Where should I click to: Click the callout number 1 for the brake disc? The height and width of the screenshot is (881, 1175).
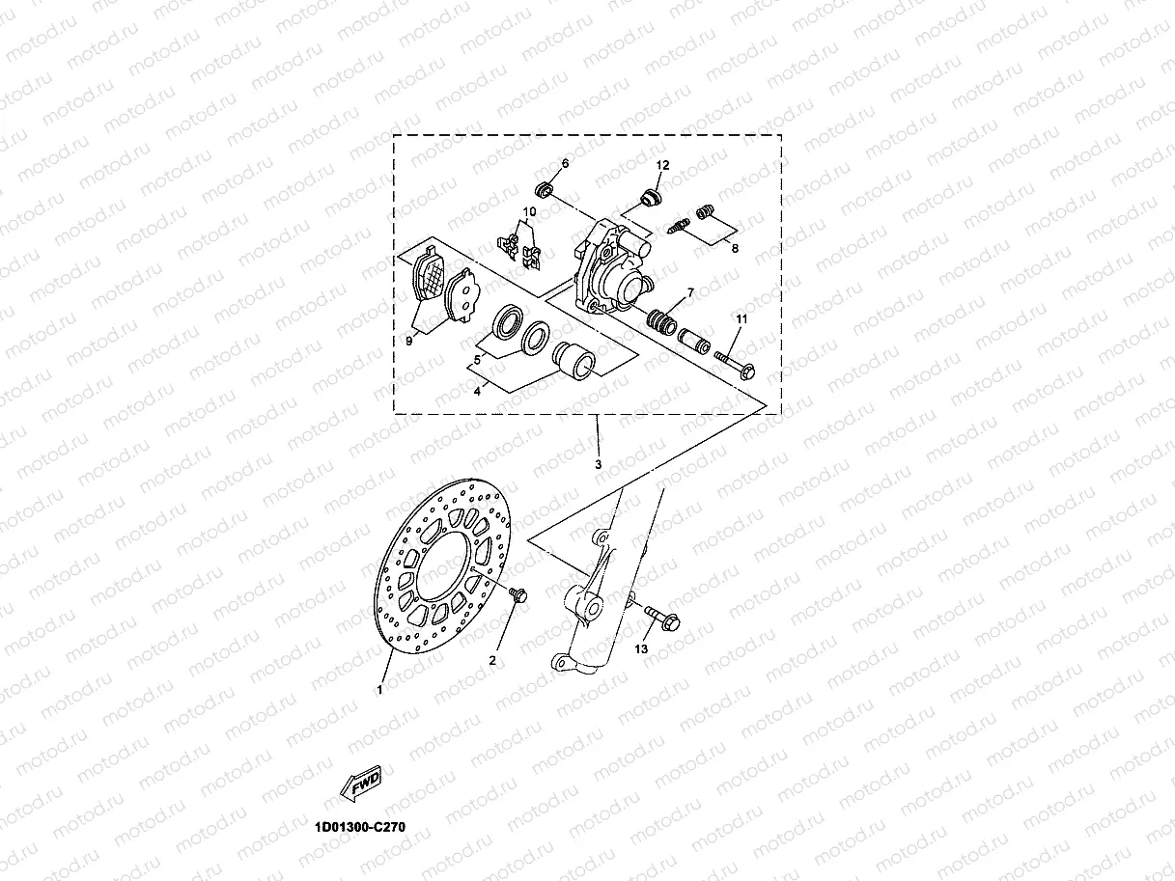380,690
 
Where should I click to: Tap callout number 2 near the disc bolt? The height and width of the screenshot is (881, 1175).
491,661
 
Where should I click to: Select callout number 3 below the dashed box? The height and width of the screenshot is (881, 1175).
598,465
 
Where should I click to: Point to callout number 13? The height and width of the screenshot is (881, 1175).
641,649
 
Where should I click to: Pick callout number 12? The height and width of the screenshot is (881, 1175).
663,165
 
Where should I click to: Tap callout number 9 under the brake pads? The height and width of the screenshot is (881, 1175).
408,341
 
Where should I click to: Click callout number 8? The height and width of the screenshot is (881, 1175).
734,248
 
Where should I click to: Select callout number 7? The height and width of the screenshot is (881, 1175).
690,291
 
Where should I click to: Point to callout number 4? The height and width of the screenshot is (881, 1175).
477,391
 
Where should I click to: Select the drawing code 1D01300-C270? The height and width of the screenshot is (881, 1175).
359,827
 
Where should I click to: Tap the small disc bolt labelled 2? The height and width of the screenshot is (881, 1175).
517,596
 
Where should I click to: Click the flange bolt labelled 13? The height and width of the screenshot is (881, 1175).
662,618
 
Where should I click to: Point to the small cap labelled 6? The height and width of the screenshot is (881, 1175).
546,187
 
